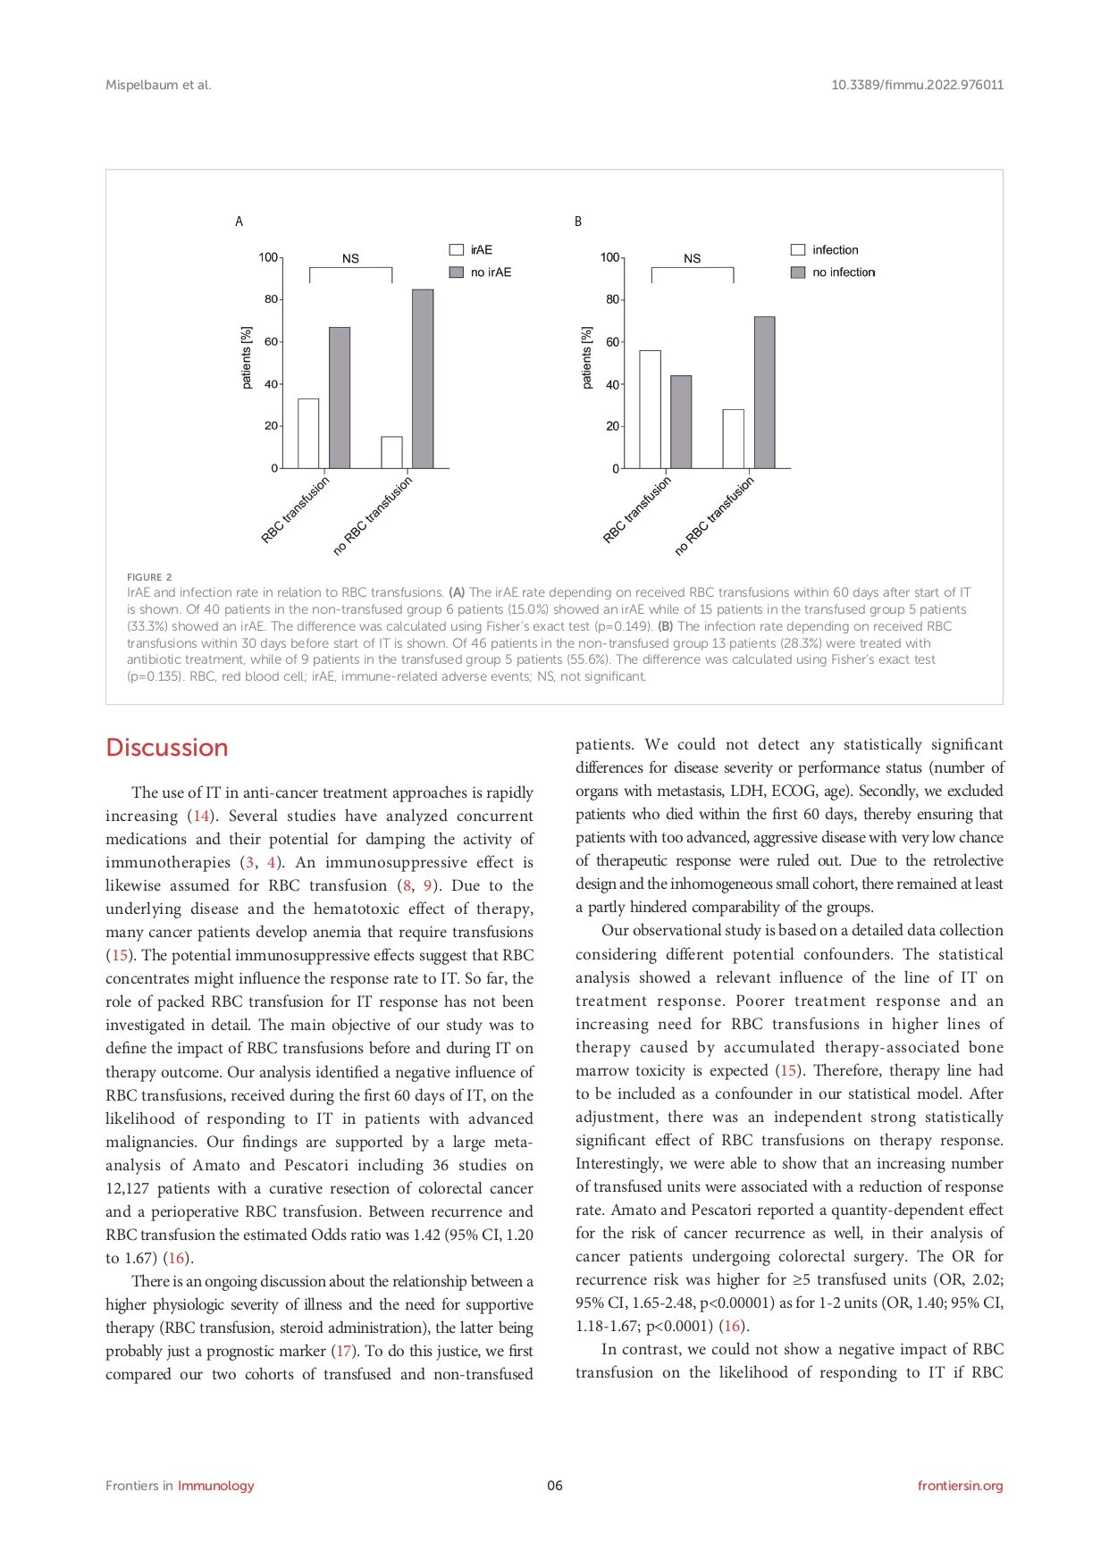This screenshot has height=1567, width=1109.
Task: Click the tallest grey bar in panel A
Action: (x=423, y=379)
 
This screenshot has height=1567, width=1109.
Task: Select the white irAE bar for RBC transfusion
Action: (x=308, y=433)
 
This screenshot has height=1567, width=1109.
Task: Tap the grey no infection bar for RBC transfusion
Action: (x=681, y=422)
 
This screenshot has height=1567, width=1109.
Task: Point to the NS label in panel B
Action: (x=693, y=259)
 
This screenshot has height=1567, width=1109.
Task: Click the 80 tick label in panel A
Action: (x=271, y=299)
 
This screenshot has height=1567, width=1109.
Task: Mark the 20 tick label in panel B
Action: (x=612, y=426)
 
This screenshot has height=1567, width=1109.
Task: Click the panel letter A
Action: (x=239, y=222)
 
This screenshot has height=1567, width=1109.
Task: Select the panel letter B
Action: (x=578, y=222)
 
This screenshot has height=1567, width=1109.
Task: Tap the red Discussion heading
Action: (x=167, y=748)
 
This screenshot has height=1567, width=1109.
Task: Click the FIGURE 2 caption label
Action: (x=149, y=577)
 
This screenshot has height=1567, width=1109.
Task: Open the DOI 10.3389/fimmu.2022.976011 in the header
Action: (x=917, y=85)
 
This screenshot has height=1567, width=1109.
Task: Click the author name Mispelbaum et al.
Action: (x=158, y=85)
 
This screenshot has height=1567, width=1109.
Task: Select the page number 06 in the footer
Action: (x=555, y=1486)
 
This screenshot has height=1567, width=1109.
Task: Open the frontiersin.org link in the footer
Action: (x=960, y=1486)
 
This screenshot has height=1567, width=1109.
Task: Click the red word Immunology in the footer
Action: (x=215, y=1486)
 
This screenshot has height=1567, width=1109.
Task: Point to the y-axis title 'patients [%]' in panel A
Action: (x=247, y=357)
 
